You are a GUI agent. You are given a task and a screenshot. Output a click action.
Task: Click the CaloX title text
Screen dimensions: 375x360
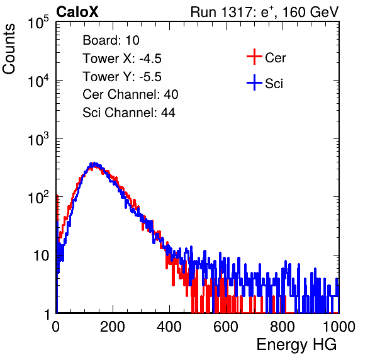(77, 12)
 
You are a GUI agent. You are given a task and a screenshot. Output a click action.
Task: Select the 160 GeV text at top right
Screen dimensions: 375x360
(310, 12)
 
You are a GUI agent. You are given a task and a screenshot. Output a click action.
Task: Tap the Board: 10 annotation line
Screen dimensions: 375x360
(111, 40)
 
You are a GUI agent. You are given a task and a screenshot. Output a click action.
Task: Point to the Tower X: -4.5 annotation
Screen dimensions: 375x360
(122, 59)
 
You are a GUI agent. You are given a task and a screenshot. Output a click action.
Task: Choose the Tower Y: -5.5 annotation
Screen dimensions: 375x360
(122, 77)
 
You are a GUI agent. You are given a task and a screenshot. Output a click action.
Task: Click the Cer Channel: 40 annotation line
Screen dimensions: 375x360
(130, 94)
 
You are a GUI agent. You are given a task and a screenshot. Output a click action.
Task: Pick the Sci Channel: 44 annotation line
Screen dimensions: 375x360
(129, 113)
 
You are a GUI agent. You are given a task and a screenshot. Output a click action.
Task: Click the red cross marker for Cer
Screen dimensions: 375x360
(254, 57)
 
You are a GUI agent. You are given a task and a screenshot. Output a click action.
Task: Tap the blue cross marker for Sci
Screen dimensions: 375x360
(254, 83)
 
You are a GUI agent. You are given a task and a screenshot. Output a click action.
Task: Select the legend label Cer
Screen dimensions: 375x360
(275, 58)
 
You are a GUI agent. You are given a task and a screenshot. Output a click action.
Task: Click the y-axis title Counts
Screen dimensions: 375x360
(9, 49)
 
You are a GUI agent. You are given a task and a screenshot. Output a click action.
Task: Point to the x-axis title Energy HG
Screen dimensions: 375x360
(296, 345)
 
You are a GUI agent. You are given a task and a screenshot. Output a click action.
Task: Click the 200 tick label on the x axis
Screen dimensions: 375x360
(113, 327)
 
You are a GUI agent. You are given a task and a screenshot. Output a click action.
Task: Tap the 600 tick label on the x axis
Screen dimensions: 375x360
(226, 327)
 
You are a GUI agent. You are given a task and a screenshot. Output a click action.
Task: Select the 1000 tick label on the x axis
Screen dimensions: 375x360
(339, 327)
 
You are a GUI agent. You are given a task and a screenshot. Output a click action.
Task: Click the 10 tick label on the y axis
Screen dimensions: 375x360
(42, 256)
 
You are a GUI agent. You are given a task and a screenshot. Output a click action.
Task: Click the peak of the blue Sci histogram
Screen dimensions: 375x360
(94, 164)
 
